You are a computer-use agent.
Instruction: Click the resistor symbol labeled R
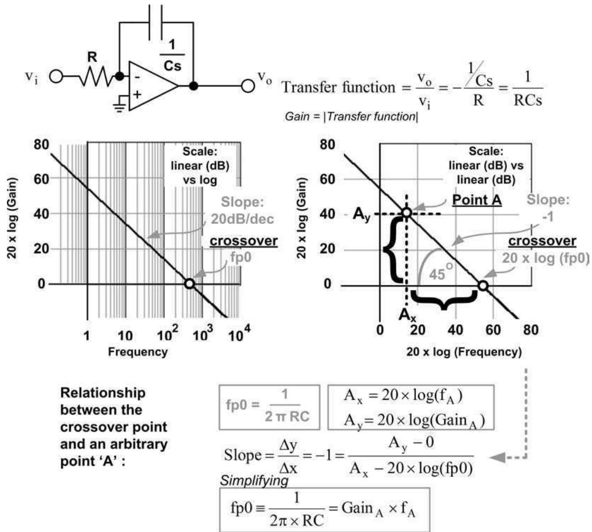97,77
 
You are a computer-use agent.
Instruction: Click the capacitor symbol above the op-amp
156,22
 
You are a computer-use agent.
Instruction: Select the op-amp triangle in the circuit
153,86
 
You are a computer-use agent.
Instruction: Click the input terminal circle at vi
56,77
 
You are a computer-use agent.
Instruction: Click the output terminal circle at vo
248,86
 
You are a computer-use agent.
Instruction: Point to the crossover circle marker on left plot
190,284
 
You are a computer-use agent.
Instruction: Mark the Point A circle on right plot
406,213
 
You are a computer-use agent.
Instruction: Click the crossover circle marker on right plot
483,286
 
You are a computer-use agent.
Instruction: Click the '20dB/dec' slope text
242,219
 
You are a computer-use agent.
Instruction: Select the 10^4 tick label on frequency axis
239,333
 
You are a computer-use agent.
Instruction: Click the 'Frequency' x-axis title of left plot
138,352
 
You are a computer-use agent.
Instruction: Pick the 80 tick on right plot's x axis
531,330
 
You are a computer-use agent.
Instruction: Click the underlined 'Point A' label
477,200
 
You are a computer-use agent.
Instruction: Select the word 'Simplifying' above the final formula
254,481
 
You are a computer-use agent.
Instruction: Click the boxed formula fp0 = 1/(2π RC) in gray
269,407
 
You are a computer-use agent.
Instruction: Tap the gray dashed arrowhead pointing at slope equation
497,458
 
